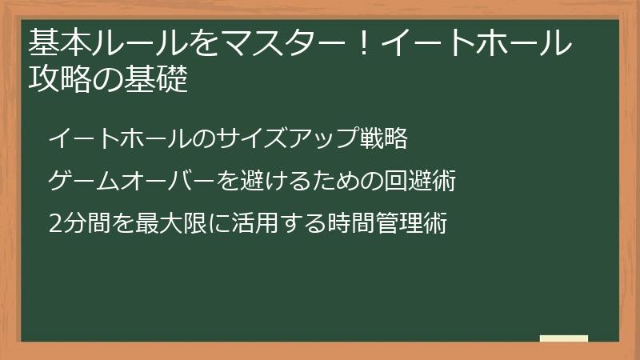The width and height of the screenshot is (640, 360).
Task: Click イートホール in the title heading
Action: [477, 42]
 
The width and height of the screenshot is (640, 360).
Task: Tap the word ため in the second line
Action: [334, 182]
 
